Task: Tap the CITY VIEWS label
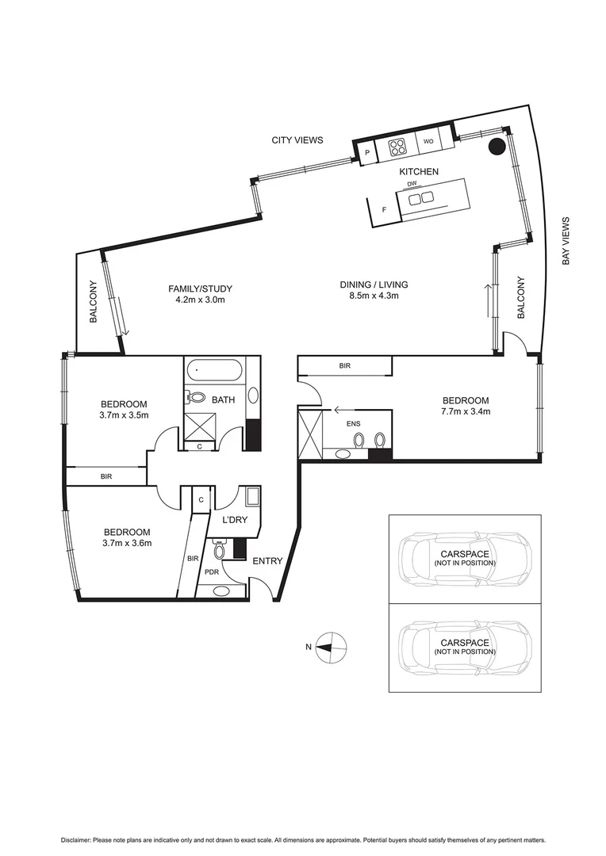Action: (297, 140)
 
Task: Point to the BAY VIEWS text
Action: (566, 241)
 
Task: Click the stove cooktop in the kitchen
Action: (397, 147)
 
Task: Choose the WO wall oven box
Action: (428, 141)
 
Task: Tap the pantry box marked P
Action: (367, 153)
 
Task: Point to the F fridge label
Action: (385, 210)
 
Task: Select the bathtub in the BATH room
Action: (215, 370)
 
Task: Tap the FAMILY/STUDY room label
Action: (200, 289)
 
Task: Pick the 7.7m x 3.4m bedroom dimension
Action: (466, 411)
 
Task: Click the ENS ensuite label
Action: (353, 424)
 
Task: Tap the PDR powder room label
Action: (211, 571)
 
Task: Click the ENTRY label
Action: (267, 561)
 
